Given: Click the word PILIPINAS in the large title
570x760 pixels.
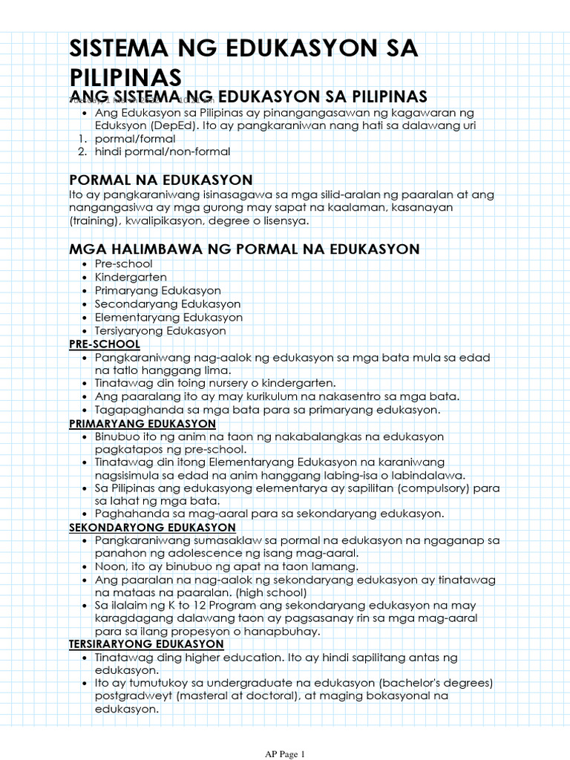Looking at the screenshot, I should tap(125, 76).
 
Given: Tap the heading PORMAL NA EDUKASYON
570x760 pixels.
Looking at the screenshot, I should tap(160, 180).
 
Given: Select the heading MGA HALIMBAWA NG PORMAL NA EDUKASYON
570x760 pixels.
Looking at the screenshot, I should tap(244, 249).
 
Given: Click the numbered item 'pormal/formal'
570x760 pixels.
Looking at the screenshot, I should tap(135, 139).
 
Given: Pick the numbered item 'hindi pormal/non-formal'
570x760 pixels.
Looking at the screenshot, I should tap(163, 152).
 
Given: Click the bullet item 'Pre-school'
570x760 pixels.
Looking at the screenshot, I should tap(123, 264).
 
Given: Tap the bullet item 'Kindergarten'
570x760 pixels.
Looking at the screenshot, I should tap(131, 278).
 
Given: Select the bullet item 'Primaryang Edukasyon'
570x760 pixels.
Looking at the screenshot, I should tap(157, 291).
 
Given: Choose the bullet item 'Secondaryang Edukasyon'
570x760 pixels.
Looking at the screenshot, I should tap(167, 304).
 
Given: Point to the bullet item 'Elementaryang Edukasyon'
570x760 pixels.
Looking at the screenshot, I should tap(168, 318).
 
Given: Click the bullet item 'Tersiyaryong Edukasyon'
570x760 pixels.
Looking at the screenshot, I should tap(160, 331).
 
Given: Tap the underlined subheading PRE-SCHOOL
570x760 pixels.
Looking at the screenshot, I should tap(105, 344).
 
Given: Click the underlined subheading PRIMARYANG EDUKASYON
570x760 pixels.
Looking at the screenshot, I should tap(142, 424).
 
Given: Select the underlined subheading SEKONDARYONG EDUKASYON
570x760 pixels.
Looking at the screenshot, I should tap(152, 528).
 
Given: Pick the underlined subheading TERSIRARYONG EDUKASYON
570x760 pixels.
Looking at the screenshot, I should tap(146, 643).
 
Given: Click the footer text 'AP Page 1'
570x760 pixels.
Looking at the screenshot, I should tap(285, 754).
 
